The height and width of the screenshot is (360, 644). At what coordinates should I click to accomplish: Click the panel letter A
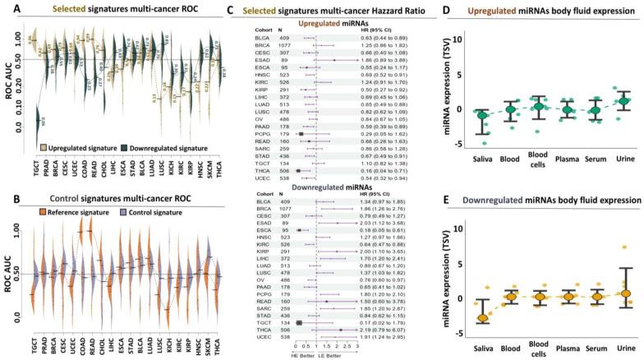coord(7,7)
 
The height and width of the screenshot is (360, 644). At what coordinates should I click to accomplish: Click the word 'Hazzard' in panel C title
coord(386,8)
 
